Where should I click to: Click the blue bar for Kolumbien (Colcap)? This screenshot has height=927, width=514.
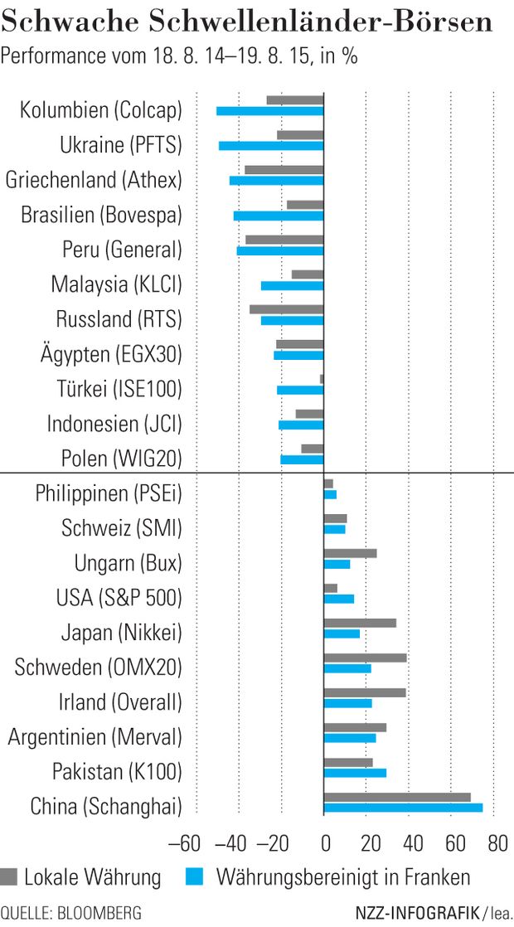tap(270, 111)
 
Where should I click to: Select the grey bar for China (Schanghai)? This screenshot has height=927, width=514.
tap(397, 798)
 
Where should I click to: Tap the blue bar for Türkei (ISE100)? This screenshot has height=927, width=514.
tap(300, 391)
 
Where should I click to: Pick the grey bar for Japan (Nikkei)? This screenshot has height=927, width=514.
tap(360, 624)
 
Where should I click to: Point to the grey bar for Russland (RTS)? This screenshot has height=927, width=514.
tap(287, 309)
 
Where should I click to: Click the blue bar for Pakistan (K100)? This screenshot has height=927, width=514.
tap(355, 773)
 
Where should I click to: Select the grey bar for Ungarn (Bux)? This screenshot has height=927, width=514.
tap(351, 553)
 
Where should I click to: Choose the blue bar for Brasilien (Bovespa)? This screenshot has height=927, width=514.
tap(279, 216)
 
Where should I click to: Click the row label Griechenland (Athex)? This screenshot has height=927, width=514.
tap(93, 180)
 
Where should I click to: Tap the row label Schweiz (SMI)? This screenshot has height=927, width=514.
tap(121, 528)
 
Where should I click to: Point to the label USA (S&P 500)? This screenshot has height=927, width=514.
tap(119, 598)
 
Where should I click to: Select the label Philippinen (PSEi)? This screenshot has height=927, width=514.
tap(108, 493)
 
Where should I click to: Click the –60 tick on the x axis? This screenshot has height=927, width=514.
tap(185, 844)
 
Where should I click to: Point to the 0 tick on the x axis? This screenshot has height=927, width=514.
tap(324, 844)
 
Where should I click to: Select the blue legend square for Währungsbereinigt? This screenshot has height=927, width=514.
tap(193, 876)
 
